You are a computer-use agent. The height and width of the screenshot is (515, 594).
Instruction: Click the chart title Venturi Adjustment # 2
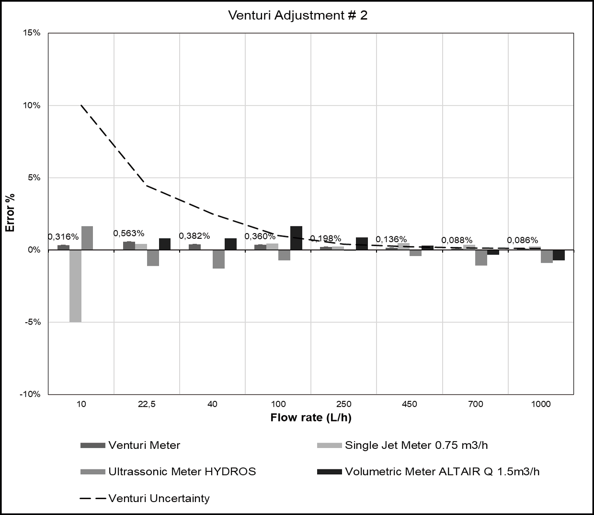point(297,15)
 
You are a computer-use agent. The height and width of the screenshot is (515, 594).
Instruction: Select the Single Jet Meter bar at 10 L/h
point(75,286)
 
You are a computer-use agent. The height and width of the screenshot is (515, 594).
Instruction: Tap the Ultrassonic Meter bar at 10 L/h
point(87,238)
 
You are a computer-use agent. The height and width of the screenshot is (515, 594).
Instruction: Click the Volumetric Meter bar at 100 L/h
point(296,238)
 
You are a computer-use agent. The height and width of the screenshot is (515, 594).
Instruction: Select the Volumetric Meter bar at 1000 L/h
point(559,255)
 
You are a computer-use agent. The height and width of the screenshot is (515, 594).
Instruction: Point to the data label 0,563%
point(128,234)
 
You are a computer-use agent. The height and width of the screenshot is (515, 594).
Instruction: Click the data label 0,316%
point(63,237)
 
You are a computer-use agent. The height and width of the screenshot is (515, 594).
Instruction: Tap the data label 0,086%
point(522,240)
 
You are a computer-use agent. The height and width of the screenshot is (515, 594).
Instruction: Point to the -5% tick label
point(33,322)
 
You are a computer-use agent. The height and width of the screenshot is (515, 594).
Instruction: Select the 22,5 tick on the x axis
point(147,404)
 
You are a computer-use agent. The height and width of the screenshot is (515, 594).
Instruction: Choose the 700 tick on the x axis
point(475,404)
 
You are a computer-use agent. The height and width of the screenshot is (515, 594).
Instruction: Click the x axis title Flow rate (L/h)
point(310,418)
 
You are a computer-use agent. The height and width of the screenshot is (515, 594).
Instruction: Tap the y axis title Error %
point(10,213)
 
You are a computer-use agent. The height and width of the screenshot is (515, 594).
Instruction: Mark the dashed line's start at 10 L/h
point(81,105)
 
